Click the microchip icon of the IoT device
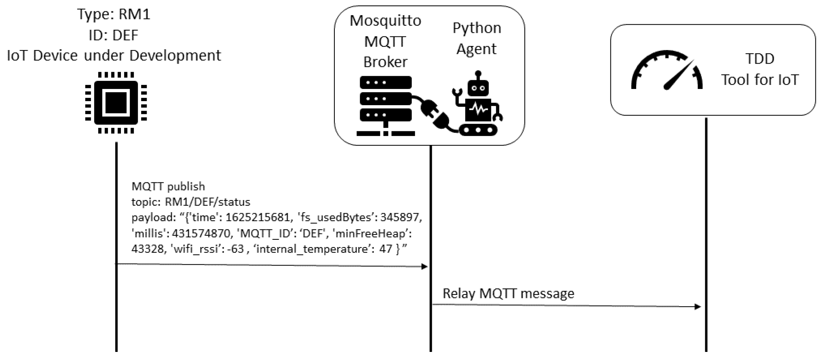pyautogui.click(x=116, y=103)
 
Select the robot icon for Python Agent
pyautogui.click(x=477, y=103)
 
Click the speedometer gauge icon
pyautogui.click(x=667, y=70)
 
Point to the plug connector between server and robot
pyautogui.click(x=436, y=114)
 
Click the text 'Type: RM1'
pyautogui.click(x=114, y=14)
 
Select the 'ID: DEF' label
pyautogui.click(x=114, y=35)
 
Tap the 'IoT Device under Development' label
pyautogui.click(x=114, y=56)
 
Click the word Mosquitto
pyautogui.click(x=385, y=21)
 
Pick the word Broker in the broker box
pyautogui.click(x=385, y=62)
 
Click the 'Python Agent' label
pyautogui.click(x=477, y=38)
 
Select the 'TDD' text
pyautogui.click(x=760, y=59)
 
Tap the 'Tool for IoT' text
pyautogui.click(x=760, y=80)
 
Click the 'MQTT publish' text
pyautogui.click(x=168, y=186)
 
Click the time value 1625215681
pyautogui.click(x=258, y=217)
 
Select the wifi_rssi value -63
pyautogui.click(x=235, y=249)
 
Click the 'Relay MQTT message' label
pyautogui.click(x=508, y=293)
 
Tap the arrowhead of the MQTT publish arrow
pyautogui.click(x=424, y=266)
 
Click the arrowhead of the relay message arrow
pyautogui.click(x=698, y=307)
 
